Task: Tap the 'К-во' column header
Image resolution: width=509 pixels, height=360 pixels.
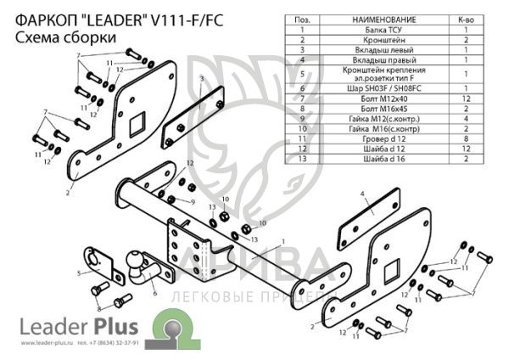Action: pyautogui.click(x=466, y=19)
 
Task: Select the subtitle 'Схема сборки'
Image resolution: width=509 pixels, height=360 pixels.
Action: pyautogui.click(x=55, y=37)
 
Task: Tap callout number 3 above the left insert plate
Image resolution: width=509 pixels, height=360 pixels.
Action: pyautogui.click(x=202, y=79)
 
